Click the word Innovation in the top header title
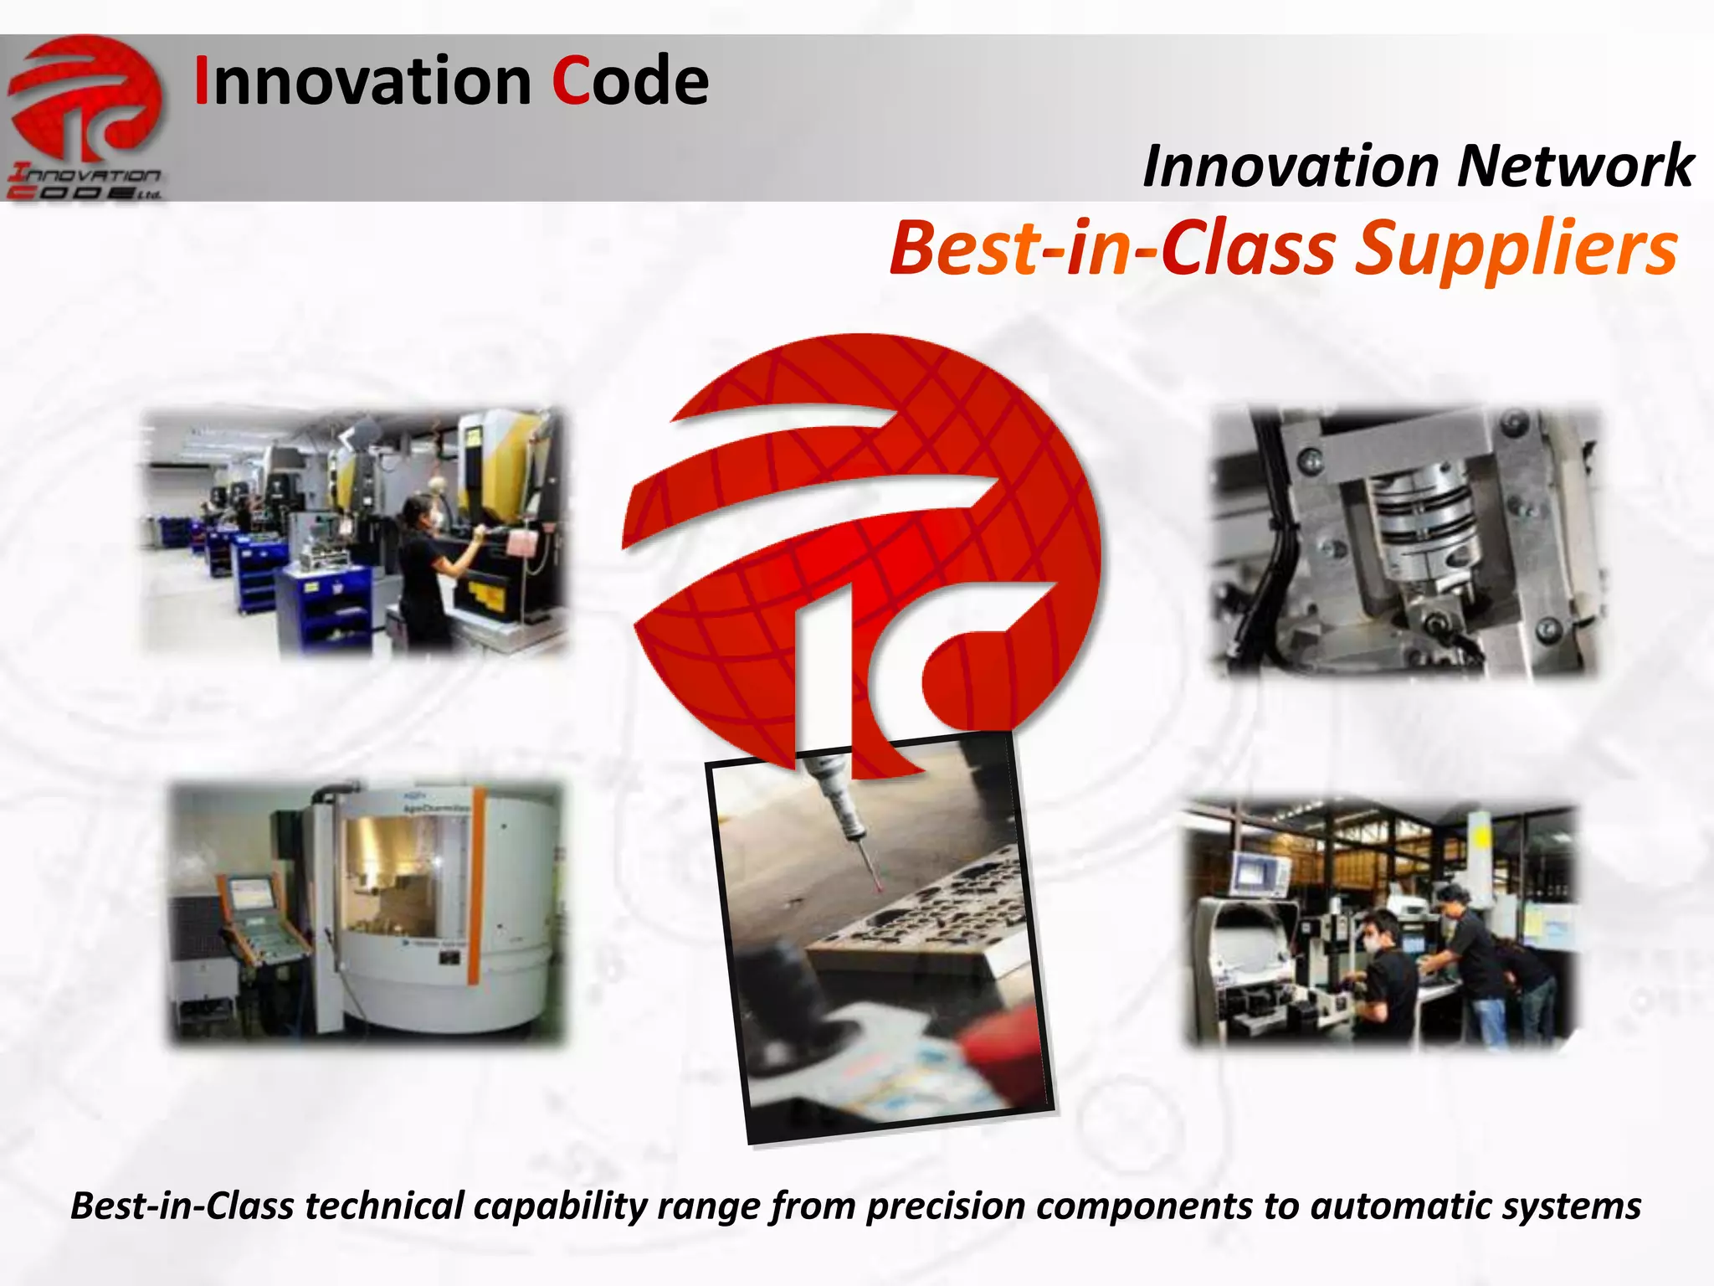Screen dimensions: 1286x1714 362,81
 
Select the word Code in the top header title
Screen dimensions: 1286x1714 630,81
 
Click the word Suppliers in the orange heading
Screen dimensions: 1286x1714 1516,249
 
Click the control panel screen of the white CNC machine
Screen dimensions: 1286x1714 249,894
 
